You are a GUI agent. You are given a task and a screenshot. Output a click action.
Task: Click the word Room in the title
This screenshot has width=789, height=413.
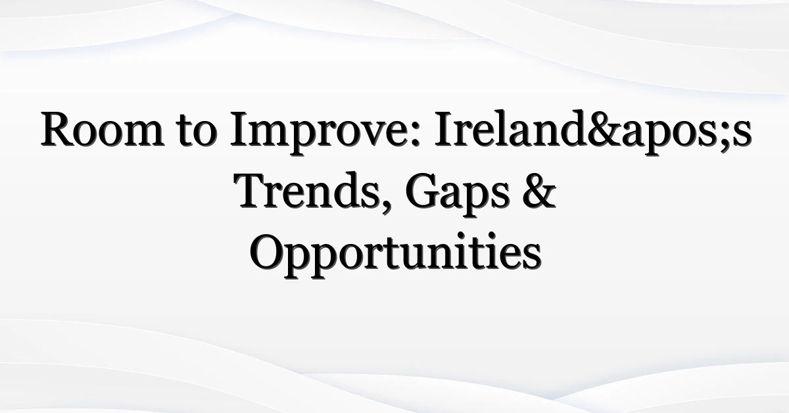click(x=103, y=128)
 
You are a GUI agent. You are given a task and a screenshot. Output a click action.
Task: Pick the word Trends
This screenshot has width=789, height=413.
click(x=306, y=190)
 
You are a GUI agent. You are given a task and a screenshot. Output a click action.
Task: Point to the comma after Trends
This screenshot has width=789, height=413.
click(x=387, y=206)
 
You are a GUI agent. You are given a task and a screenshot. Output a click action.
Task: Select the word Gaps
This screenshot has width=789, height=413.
click(x=457, y=194)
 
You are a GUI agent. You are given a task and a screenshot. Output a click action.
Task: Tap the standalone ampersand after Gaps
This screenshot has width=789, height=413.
click(x=538, y=190)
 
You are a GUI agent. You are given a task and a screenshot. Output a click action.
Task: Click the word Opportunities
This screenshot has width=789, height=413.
click(x=395, y=255)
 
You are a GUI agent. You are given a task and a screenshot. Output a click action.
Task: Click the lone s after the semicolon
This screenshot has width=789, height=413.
click(x=742, y=134)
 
